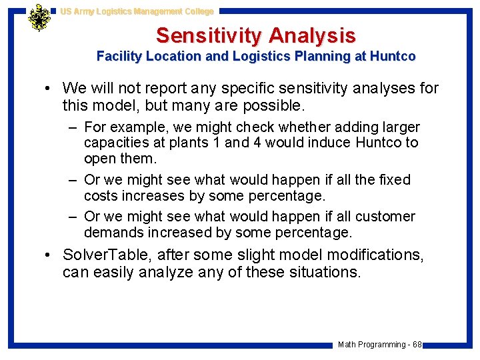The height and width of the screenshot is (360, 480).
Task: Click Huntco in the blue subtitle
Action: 394,57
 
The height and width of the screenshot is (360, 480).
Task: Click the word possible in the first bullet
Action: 275,105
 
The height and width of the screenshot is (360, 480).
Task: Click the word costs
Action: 101,196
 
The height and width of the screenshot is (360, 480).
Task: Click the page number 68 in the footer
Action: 417,345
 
